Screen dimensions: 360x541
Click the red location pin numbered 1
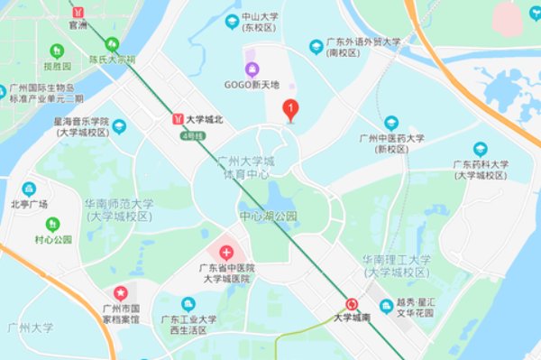tap(290, 110)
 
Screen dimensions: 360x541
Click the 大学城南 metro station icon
tap(352, 304)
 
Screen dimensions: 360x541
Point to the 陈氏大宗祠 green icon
tap(112, 43)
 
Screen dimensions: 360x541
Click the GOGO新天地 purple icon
tap(252, 69)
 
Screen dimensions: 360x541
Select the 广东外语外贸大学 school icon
tap(316, 46)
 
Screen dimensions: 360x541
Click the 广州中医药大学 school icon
tap(390, 123)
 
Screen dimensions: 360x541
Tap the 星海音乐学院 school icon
tap(119, 126)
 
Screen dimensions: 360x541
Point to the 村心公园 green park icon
tap(52, 224)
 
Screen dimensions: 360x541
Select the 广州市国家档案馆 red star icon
tap(120, 292)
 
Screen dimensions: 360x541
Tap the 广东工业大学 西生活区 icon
tap(188, 305)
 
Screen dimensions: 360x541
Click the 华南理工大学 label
tap(397, 260)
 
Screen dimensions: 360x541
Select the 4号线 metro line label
tap(193, 135)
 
